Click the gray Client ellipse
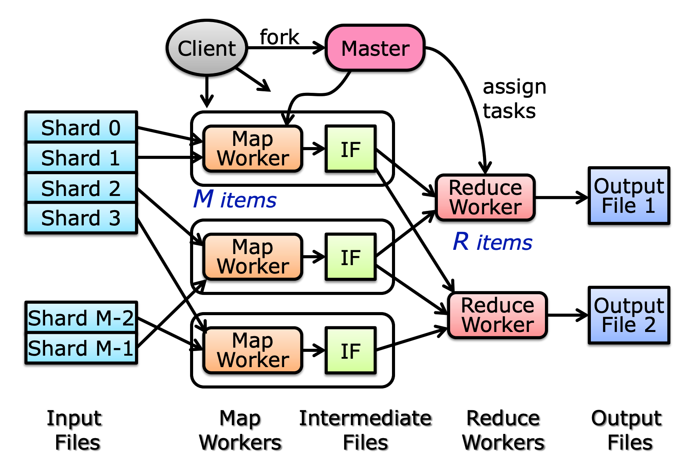click(207, 48)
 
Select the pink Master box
click(375, 48)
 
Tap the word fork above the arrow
click(279, 37)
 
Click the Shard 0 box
click(81, 127)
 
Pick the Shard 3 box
click(81, 218)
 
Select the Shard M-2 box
click(81, 317)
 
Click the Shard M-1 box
click(81, 348)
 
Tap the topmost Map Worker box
click(253, 149)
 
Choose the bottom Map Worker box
click(253, 350)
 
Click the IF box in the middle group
click(350, 257)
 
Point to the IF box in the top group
click(350, 149)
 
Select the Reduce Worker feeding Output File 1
click(485, 198)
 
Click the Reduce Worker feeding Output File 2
click(497, 315)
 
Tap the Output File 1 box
click(629, 196)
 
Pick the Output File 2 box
click(629, 315)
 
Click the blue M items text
click(235, 199)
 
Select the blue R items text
click(493, 242)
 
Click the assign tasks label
click(514, 99)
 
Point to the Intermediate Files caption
click(365, 430)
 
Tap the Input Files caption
click(75, 430)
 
